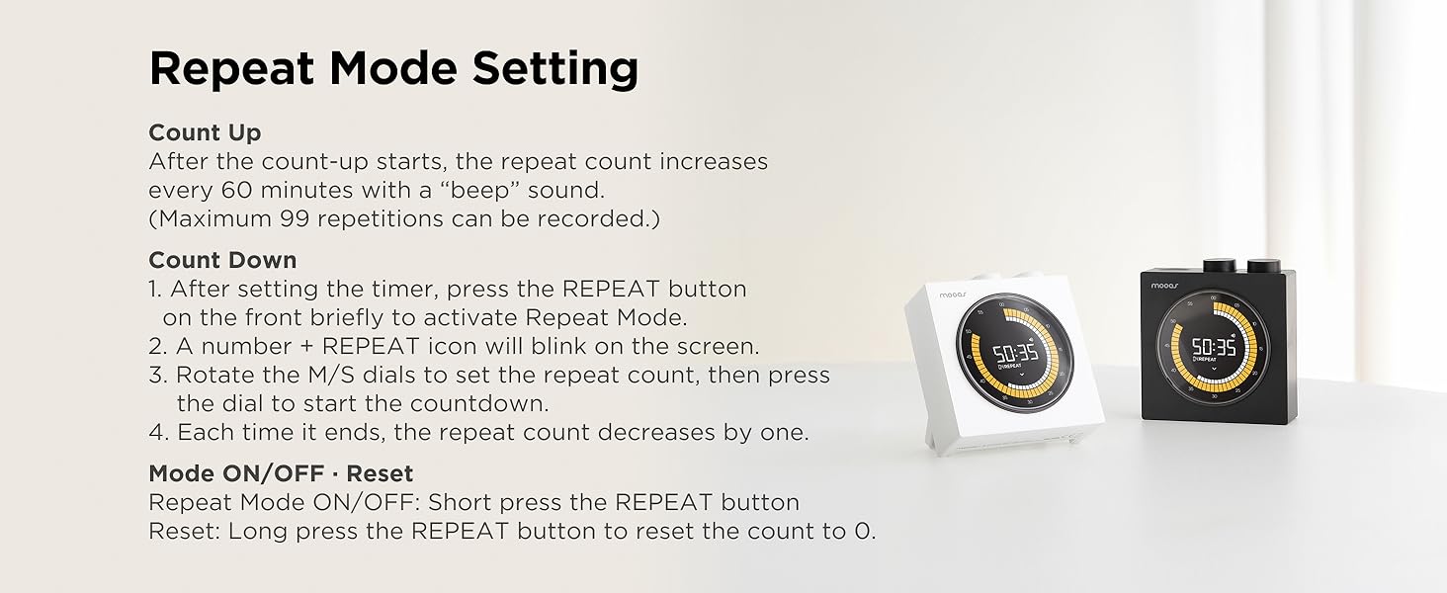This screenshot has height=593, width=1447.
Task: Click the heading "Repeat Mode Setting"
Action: coord(393,69)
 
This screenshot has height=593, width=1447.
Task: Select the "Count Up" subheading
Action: coord(205,132)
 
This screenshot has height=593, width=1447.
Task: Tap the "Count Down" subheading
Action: coord(222,260)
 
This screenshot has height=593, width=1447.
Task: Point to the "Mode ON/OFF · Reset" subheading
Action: coord(281,473)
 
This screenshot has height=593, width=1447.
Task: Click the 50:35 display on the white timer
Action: coord(1015,353)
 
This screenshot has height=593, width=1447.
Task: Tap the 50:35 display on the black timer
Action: coord(1213,347)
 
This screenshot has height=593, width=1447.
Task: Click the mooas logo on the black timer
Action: coord(1164,285)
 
